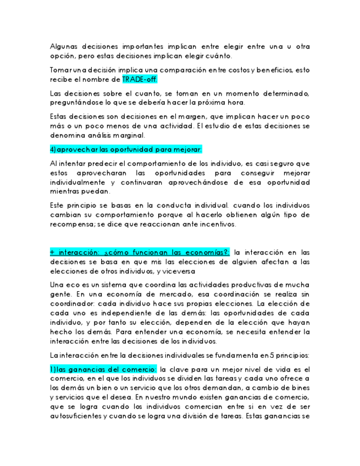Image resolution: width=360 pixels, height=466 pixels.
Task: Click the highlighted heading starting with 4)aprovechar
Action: tap(126, 149)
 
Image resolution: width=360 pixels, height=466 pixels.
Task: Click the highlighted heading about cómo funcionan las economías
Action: tap(140, 252)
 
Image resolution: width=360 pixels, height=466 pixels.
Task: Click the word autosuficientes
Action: tap(79, 416)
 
